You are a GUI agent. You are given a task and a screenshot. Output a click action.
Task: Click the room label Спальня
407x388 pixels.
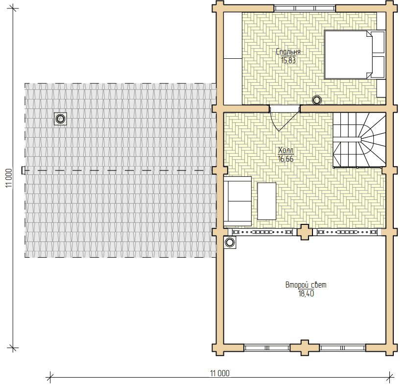[x=288, y=51]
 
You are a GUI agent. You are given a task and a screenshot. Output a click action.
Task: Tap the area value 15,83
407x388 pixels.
[x=288, y=60]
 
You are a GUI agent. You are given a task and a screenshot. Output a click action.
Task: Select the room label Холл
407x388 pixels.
[x=286, y=150]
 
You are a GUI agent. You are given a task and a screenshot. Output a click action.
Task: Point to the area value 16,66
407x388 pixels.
[x=286, y=159]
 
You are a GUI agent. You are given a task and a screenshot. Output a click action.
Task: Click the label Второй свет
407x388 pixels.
[x=306, y=285]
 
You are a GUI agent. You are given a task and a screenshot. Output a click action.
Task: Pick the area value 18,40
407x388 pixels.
[x=306, y=293]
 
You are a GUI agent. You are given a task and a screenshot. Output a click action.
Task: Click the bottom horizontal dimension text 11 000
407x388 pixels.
[x=219, y=373]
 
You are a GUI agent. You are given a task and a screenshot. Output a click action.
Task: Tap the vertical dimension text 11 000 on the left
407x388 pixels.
[x=9, y=178]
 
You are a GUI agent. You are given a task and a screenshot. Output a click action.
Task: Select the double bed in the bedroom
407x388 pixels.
[x=355, y=54]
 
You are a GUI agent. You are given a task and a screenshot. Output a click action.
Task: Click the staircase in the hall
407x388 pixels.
[x=359, y=140]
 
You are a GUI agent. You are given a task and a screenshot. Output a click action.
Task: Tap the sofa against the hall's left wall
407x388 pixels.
[x=238, y=201]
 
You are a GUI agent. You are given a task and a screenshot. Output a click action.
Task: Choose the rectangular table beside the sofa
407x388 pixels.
[x=266, y=201]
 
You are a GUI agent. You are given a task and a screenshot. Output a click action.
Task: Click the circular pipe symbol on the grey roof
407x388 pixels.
[x=60, y=119]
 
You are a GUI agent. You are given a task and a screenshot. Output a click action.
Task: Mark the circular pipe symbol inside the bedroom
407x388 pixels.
[x=317, y=100]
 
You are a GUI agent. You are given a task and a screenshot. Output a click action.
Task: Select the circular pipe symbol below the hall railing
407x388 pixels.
[x=230, y=242]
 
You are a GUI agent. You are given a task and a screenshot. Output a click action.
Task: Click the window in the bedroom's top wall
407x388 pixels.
[x=305, y=8]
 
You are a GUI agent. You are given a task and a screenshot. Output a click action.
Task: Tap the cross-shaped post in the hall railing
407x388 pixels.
[x=305, y=232]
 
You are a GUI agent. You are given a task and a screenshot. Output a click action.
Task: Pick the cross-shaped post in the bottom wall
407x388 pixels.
[x=305, y=348]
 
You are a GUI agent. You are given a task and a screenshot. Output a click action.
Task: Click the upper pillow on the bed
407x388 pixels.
[x=378, y=43]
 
